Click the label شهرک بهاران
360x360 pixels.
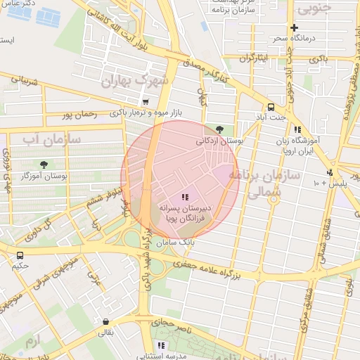tap(135, 81)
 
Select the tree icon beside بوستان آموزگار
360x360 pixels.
tap(44, 165)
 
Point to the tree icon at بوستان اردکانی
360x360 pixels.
tap(220, 129)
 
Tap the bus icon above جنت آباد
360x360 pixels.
tap(271, 107)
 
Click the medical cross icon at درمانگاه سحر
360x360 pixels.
tap(294, 27)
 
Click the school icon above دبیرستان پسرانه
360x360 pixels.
tap(185, 198)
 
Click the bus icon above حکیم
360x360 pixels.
tap(20, 255)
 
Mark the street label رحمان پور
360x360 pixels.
tap(77, 114)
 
